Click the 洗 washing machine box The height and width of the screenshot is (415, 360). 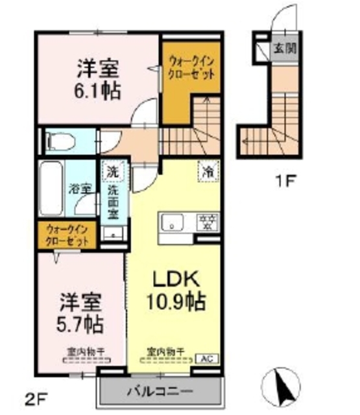click(112, 172)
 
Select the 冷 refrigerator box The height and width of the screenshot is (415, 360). click(208, 172)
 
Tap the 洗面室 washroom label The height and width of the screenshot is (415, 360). click(113, 200)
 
